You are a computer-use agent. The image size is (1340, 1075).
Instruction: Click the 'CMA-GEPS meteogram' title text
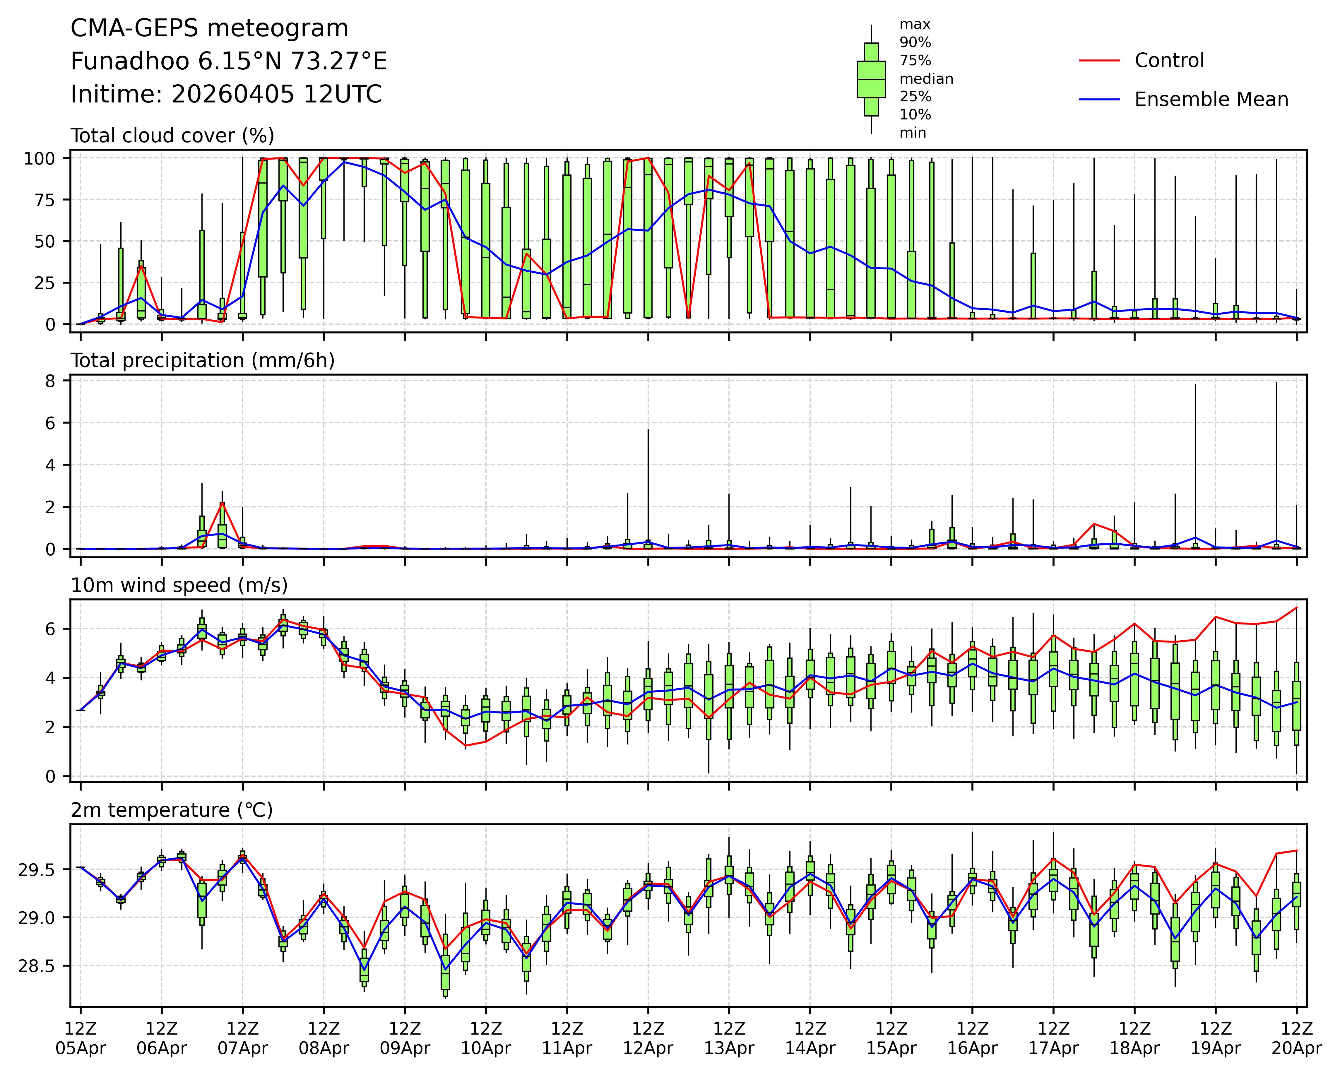pyautogui.click(x=209, y=29)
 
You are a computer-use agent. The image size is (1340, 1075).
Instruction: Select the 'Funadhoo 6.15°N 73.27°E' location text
pyautogui.click(x=229, y=61)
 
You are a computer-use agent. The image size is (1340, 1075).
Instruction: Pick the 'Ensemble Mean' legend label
pyautogui.click(x=1211, y=100)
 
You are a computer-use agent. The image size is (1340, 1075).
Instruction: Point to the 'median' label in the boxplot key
pyautogui.click(x=926, y=79)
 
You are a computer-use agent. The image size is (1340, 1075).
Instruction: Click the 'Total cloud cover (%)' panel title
pyautogui.click(x=172, y=136)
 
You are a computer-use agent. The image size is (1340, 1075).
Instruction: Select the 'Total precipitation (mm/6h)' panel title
pyautogui.click(x=203, y=360)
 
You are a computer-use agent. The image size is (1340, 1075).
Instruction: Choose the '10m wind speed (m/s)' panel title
pyautogui.click(x=179, y=585)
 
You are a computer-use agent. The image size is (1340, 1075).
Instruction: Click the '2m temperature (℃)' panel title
pyautogui.click(x=172, y=810)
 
